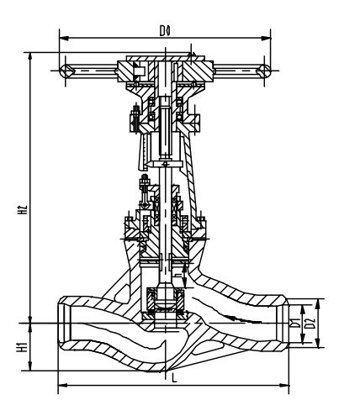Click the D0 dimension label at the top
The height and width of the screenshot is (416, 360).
pos(165,29)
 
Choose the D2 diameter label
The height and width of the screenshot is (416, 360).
pos(310,323)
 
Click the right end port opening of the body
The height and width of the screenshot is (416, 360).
pos(283,322)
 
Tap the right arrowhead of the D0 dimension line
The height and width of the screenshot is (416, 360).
pos(268,36)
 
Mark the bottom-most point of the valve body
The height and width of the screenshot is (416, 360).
pos(167,368)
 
